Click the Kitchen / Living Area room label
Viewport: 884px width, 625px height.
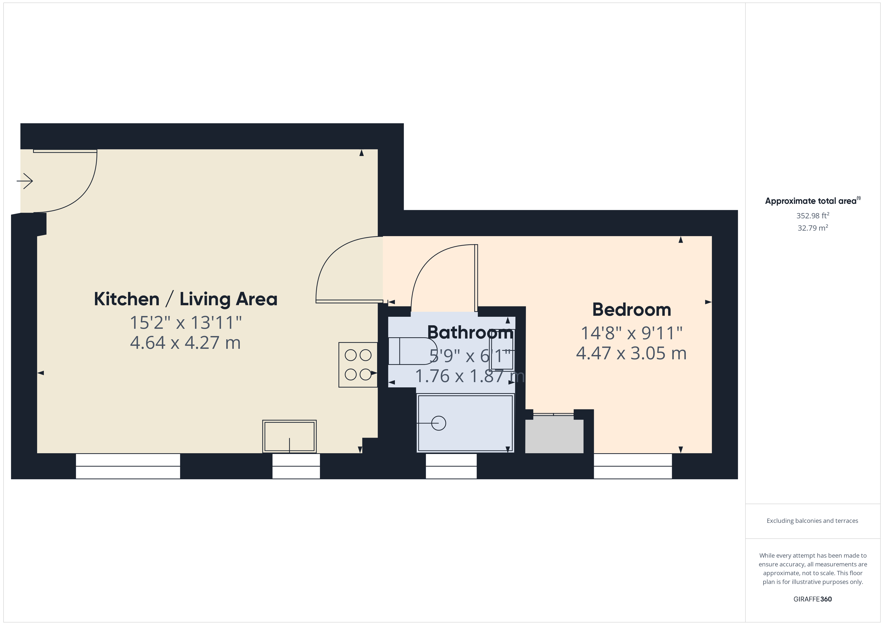186,299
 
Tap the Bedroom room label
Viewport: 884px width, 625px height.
631,310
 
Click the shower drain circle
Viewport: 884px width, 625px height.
438,423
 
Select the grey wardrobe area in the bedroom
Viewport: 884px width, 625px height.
555,436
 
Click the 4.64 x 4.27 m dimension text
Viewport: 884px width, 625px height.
186,343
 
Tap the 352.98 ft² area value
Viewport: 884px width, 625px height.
812,216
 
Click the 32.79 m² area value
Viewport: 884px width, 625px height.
812,228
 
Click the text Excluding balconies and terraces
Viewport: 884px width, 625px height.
812,521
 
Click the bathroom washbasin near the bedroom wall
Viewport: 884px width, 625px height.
502,350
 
